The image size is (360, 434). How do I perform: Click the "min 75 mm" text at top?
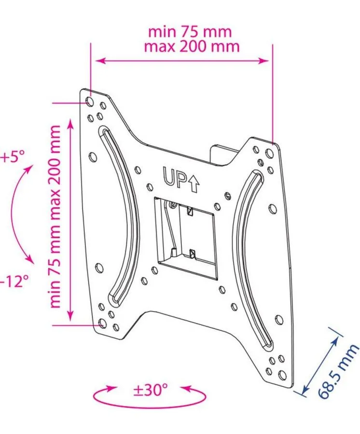pyautogui.click(x=190, y=32)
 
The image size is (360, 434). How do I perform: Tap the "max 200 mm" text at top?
pyautogui.click(x=192, y=46)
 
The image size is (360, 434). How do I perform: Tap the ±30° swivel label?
pyautogui.click(x=151, y=390)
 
